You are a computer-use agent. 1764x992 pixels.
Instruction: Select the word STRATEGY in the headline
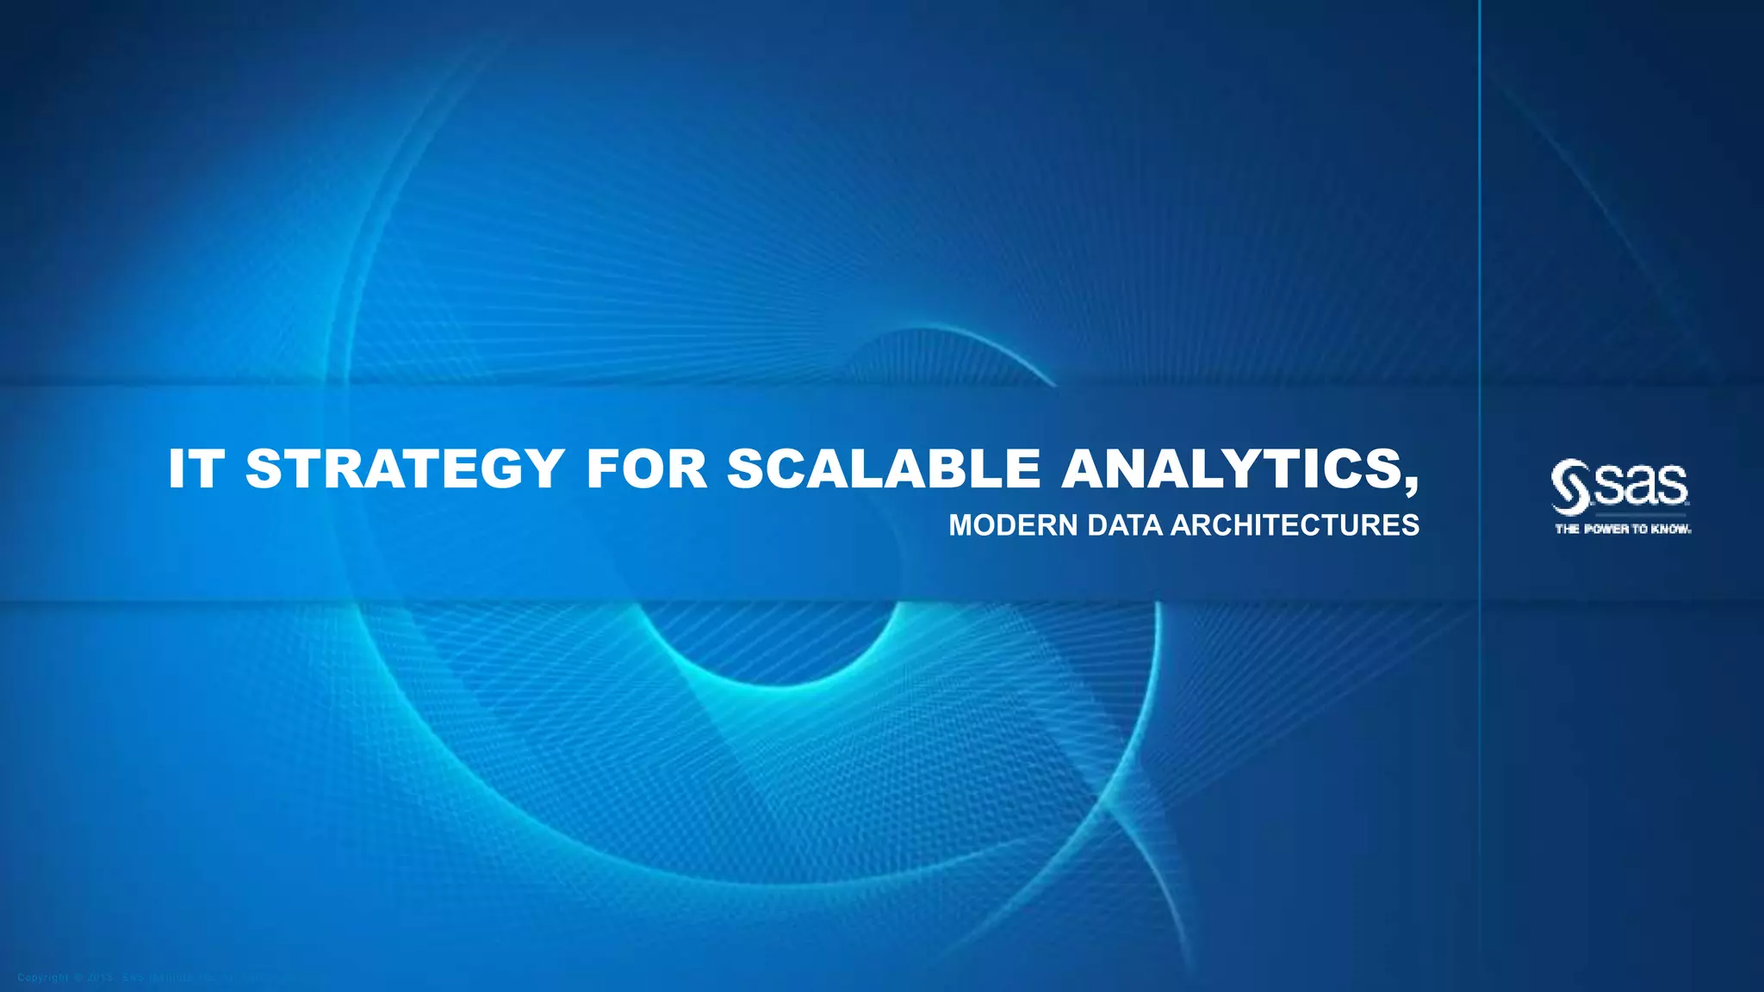405,469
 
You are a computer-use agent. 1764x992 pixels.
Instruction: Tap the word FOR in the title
646,469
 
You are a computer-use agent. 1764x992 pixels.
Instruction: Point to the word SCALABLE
883,469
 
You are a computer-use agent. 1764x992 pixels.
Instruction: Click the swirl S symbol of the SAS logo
1570,487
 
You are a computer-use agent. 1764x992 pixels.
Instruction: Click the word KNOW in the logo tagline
1671,530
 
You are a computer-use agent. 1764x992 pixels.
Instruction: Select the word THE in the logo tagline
1567,530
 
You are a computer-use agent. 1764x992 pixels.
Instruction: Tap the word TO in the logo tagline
1640,530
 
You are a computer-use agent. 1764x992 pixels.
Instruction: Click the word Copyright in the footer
42,977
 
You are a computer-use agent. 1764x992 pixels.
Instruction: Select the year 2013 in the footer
100,977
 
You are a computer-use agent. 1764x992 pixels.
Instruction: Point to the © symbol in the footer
78,977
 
